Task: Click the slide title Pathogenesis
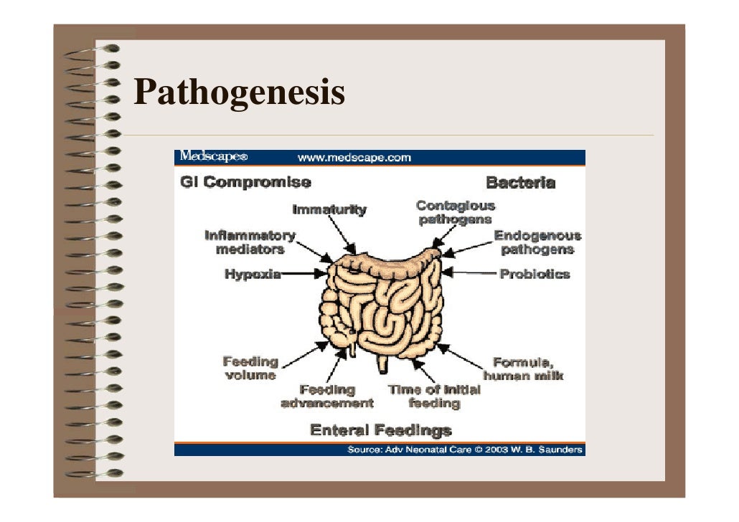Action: pos(239,93)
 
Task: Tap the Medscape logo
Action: pos(213,157)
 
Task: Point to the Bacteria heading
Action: pos(520,182)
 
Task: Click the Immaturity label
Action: pos(329,210)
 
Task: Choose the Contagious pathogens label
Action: pos(456,212)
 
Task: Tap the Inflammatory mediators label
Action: pos(250,242)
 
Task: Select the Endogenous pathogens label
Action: pos(537,242)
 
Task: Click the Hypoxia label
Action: pos(252,274)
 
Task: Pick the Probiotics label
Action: pos(535,274)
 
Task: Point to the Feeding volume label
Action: pos(250,368)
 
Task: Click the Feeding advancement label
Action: pos(327,396)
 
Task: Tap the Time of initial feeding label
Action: pos(434,396)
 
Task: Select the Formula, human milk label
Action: pos(523,369)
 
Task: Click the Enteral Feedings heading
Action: pos(380,430)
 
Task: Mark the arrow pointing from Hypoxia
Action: pos(304,273)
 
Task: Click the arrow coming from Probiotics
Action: pos(471,273)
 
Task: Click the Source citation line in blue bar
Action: pos(466,450)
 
